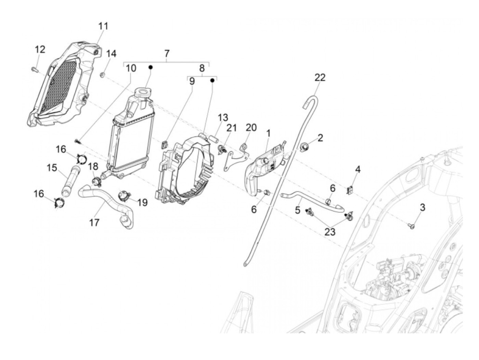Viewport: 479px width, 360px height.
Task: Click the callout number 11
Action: [x=103, y=26]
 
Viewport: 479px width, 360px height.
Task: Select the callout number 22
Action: [x=320, y=78]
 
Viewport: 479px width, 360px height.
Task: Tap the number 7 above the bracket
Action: [x=167, y=54]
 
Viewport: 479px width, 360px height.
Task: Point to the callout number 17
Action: [x=94, y=222]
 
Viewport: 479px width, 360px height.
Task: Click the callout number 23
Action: [x=330, y=232]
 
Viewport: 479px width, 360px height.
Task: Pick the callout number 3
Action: [x=423, y=207]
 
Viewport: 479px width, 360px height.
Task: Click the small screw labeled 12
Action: [x=34, y=70]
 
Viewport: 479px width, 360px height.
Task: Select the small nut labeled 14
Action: [x=102, y=74]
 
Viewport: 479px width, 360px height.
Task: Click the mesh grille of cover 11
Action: [x=58, y=86]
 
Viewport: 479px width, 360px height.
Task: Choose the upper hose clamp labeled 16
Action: [x=81, y=159]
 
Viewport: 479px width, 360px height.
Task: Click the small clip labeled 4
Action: [x=350, y=190]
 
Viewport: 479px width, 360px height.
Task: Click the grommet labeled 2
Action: [x=303, y=147]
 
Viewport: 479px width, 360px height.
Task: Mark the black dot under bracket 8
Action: [x=212, y=80]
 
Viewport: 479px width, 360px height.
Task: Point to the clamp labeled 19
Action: [x=124, y=196]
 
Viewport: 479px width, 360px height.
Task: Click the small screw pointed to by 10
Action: [x=77, y=140]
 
